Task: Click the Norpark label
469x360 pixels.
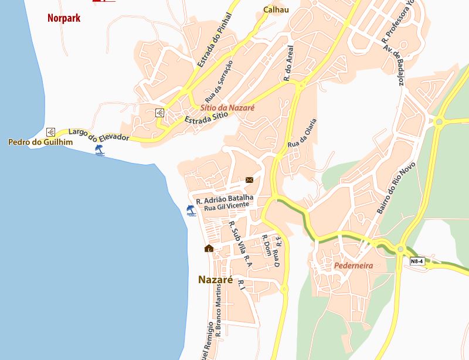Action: (x=64, y=18)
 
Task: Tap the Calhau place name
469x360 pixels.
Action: (x=276, y=9)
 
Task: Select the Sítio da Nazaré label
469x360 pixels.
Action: (x=227, y=108)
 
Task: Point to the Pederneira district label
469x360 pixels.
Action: (x=354, y=266)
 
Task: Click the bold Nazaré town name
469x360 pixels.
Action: (x=216, y=280)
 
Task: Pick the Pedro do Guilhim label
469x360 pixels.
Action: (x=32, y=142)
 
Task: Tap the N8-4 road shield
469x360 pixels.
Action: (x=417, y=261)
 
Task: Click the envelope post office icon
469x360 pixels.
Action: (x=249, y=180)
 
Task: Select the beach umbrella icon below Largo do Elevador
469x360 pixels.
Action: (x=100, y=151)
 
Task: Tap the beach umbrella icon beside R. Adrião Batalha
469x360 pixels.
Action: (x=191, y=210)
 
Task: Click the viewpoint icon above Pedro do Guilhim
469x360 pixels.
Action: (x=50, y=131)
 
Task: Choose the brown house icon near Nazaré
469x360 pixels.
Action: (x=209, y=249)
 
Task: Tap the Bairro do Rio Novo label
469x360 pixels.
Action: (x=396, y=188)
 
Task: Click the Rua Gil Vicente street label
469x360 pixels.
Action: (x=227, y=207)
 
